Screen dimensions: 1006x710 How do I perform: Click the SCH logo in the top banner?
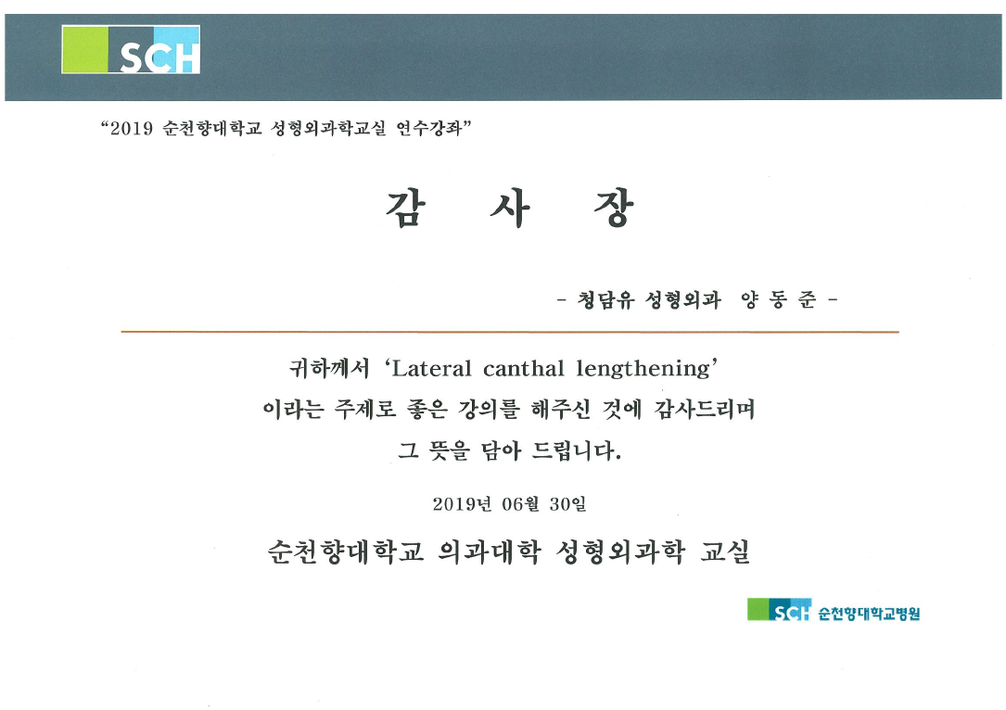131,49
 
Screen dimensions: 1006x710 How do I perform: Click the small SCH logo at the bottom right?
779,609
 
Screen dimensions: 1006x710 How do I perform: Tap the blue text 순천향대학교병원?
869,614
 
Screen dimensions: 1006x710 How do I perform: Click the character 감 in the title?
406,209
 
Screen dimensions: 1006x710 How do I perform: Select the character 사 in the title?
510,209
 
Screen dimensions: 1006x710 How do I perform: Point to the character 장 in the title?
614,209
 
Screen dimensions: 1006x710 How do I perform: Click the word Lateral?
431,369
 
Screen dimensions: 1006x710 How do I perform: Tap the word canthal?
524,369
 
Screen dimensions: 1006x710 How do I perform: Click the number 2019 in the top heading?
132,129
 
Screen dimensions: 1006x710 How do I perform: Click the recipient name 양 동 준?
779,299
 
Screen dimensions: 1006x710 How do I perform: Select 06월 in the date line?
520,504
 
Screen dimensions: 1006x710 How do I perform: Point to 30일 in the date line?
567,504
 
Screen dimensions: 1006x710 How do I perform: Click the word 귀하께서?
329,368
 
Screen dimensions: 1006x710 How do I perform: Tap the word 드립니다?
577,450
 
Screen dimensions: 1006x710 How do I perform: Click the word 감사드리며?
705,409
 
